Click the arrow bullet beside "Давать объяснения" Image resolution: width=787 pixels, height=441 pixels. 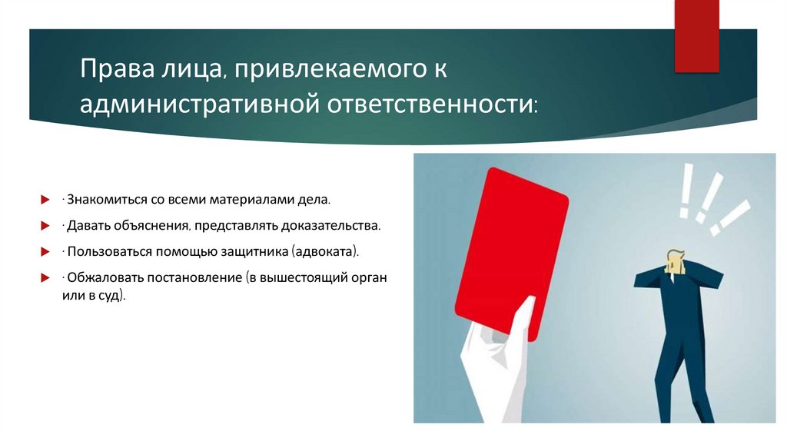point(45,226)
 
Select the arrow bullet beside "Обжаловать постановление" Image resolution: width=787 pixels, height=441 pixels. point(45,277)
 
